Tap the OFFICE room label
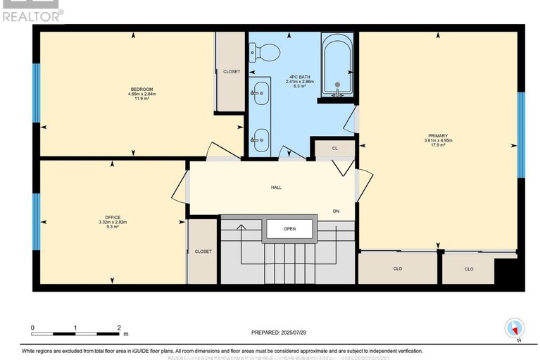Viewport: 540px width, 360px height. coord(112,216)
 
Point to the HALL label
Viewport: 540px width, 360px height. coord(276,188)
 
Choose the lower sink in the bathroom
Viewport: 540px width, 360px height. coord(260,139)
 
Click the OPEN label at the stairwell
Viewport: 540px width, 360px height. coord(289,229)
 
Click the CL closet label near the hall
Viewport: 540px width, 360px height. coord(335,149)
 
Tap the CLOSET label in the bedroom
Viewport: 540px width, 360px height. coord(231,72)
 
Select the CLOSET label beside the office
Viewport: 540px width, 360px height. coord(203,251)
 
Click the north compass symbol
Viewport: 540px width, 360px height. coord(515,328)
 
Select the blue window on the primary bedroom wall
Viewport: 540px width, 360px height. coord(521,135)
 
